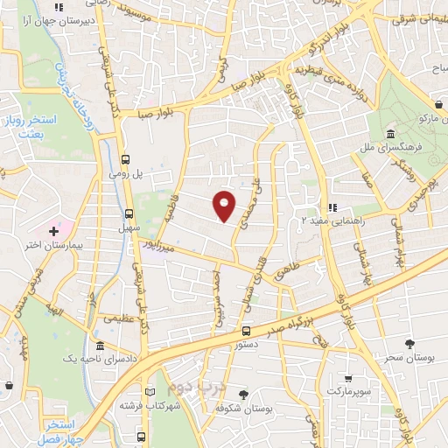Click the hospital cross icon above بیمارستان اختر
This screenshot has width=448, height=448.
point(55,232)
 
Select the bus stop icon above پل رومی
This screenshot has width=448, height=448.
point(127,160)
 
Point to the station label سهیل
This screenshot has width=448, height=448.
point(129,227)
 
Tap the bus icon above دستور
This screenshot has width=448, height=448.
point(246,332)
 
